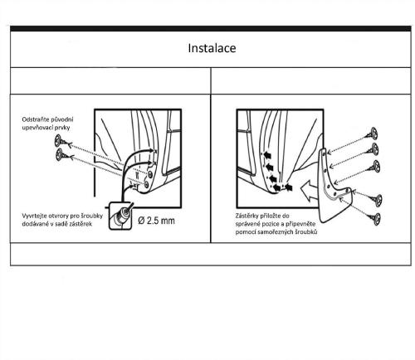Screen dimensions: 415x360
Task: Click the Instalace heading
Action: click(212, 48)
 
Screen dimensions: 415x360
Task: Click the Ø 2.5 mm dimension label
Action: click(156, 221)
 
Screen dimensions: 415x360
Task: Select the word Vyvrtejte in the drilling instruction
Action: click(33, 216)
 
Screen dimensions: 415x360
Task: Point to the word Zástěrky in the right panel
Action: click(247, 216)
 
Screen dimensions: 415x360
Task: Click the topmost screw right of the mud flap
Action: click(372, 134)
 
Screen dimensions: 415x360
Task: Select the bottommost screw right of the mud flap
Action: click(375, 218)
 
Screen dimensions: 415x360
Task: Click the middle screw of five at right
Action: click(374, 167)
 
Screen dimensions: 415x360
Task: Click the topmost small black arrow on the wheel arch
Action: click(267, 155)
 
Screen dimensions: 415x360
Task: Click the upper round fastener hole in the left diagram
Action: click(150, 174)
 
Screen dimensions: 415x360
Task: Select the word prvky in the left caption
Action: click(63, 128)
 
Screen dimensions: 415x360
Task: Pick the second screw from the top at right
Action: click(373, 149)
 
